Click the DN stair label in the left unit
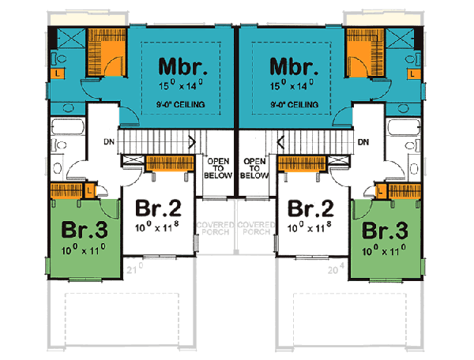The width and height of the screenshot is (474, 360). (109, 142)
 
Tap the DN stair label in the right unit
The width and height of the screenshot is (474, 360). (363, 142)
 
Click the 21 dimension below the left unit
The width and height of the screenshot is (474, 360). (134, 272)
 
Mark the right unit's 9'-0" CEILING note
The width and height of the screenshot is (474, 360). (291, 103)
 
